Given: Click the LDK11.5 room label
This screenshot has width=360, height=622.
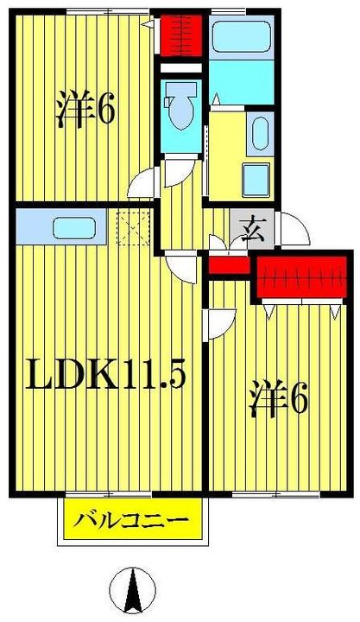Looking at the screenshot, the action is click(105, 374).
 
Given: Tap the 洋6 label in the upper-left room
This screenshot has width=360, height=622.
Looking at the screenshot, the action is click(85, 109).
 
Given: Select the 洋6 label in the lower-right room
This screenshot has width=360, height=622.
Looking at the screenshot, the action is click(278, 398).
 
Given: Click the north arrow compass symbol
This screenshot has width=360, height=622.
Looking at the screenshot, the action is click(132, 590).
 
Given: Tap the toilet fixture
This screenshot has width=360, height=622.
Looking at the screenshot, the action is click(180, 105).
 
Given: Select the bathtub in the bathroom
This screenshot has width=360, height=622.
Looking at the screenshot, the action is click(241, 37).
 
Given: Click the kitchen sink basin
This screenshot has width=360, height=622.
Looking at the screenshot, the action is click(74, 228).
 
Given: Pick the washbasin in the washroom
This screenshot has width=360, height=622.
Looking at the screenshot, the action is click(260, 134).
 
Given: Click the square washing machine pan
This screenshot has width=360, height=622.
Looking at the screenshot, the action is click(256, 181).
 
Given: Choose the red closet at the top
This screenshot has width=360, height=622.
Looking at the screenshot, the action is click(180, 35).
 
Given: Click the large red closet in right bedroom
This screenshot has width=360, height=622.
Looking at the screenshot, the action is click(302, 277).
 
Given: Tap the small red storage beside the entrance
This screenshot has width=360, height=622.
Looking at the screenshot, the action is click(229, 265).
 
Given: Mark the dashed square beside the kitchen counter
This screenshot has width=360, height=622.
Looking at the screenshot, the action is click(133, 228).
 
